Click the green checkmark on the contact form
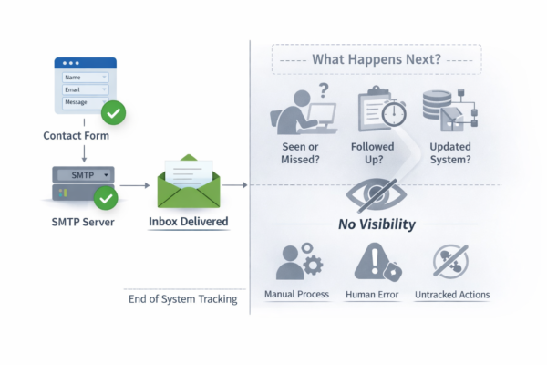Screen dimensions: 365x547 pyautogui.click(x=113, y=114)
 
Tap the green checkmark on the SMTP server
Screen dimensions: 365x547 pyautogui.click(x=107, y=197)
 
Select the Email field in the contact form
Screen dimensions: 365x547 pyautogui.click(x=85, y=89)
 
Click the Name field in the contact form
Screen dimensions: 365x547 pyautogui.click(x=85, y=78)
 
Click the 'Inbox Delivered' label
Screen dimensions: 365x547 pyautogui.click(x=188, y=222)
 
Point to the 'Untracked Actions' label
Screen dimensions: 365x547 pyautogui.click(x=452, y=295)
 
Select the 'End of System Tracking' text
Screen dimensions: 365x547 pyautogui.click(x=182, y=297)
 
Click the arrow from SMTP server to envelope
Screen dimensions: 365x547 pyautogui.click(x=135, y=185)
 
